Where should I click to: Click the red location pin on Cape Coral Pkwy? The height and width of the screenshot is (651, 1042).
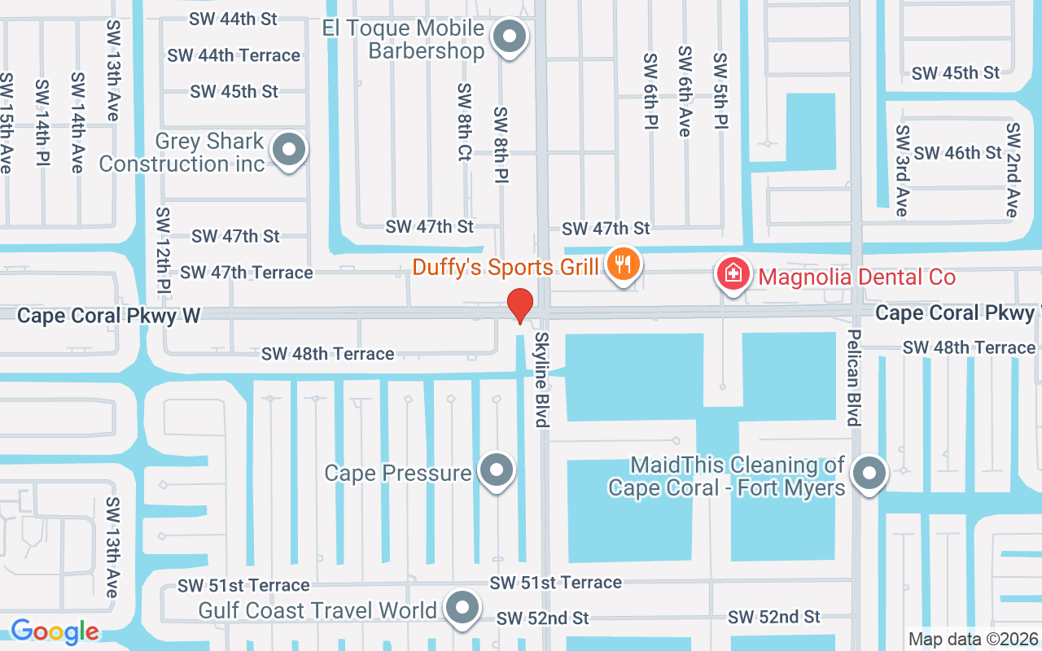point(520,306)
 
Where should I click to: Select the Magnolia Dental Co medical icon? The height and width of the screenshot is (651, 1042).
point(733,273)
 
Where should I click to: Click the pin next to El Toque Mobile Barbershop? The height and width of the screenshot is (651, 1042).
point(510,36)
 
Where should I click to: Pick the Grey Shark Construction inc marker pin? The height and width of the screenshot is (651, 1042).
point(288,150)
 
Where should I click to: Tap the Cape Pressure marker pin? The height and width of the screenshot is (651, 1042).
point(495,470)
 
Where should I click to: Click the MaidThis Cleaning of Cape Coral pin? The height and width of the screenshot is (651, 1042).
point(868,472)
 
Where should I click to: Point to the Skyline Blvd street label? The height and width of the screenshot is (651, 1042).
point(541,379)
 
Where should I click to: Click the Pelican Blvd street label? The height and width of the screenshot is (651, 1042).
point(853,378)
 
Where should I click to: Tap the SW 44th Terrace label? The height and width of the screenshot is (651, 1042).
point(234,55)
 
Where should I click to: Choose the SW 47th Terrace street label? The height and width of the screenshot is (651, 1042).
point(247,273)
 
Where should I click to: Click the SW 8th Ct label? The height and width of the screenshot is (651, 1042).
point(464,122)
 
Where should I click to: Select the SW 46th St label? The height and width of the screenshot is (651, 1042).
point(957,153)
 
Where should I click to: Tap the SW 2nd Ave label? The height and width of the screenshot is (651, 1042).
point(1012,170)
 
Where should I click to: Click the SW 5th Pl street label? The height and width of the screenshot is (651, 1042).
point(720,92)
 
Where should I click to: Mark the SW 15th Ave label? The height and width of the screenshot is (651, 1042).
point(7,123)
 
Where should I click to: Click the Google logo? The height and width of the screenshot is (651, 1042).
point(55,631)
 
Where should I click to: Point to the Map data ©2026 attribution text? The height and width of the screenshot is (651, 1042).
point(973,640)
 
